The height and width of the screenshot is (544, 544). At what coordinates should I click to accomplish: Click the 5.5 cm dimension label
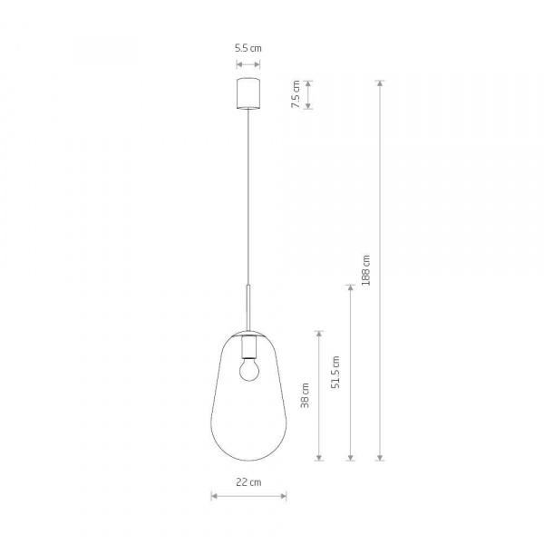tap(248, 48)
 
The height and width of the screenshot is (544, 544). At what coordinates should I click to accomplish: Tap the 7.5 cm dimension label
tap(296, 94)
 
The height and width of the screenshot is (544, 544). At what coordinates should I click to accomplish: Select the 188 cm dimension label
tap(365, 270)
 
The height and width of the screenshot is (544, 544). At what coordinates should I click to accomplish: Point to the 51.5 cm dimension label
tap(335, 372)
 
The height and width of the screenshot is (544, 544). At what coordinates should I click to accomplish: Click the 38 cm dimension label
tap(305, 395)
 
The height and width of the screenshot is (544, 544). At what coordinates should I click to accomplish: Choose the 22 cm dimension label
tap(248, 482)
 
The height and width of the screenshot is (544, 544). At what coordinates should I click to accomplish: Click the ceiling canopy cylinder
tap(248, 93)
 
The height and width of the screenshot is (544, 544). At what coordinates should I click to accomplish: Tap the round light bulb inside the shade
tap(249, 370)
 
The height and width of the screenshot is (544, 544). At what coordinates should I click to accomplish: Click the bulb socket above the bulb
tap(249, 348)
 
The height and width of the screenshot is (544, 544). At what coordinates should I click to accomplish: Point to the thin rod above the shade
tap(248, 307)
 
